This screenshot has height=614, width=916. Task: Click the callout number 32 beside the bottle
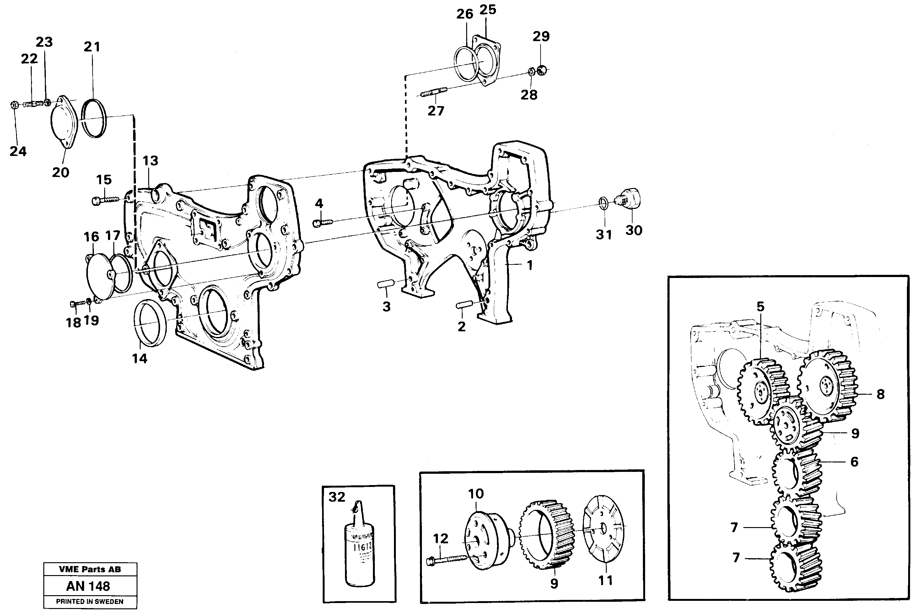337,497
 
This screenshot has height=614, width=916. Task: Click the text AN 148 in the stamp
88,586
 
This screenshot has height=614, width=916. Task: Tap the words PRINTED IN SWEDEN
90,601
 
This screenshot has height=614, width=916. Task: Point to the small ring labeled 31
604,204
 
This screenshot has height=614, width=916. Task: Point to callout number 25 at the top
488,10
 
